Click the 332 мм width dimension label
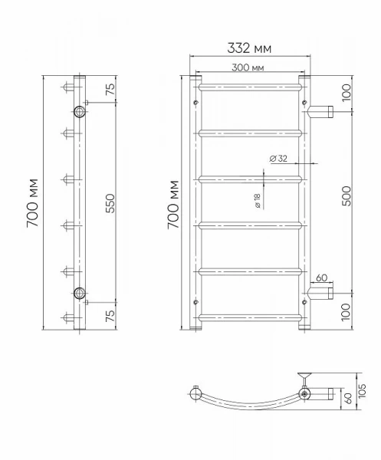click(x=249, y=48)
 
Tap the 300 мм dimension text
click(x=248, y=67)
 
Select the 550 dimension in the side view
click(x=110, y=203)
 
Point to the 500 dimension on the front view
click(x=347, y=196)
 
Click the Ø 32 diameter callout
click(x=278, y=159)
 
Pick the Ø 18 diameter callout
click(x=258, y=201)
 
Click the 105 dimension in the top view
click(x=363, y=391)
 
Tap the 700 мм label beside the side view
click(x=33, y=202)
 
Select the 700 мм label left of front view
click(x=173, y=205)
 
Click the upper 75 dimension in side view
click(x=110, y=89)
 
